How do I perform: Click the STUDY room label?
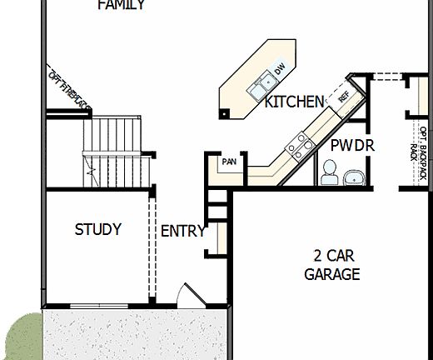(x=98, y=229)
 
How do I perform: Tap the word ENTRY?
(x=182, y=232)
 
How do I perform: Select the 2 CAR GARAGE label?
(x=331, y=265)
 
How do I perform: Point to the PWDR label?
(x=352, y=146)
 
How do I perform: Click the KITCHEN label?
(x=294, y=102)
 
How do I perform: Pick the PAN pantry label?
(x=229, y=162)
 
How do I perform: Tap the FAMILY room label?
(x=121, y=5)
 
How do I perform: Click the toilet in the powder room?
(x=329, y=172)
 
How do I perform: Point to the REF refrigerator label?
(x=343, y=96)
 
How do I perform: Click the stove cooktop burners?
(x=300, y=148)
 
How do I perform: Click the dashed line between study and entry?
(x=152, y=250)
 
